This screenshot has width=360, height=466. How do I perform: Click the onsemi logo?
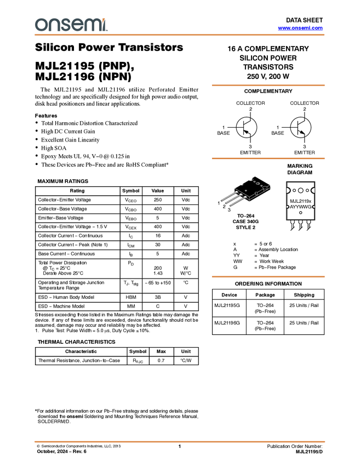pos(71,25)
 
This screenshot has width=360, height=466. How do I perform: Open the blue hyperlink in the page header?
pos(300,28)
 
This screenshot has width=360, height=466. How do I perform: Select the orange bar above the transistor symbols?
pos(268,86)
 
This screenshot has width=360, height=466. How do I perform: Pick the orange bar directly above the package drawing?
pos(268,158)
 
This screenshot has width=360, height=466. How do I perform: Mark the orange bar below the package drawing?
pos(268,277)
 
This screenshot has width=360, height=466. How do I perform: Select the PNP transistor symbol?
pos(246,127)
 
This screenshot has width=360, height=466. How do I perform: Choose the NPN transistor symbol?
pos(301,127)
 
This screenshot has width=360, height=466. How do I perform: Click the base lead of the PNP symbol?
pos(240,127)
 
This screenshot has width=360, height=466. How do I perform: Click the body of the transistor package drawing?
pos(252,189)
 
